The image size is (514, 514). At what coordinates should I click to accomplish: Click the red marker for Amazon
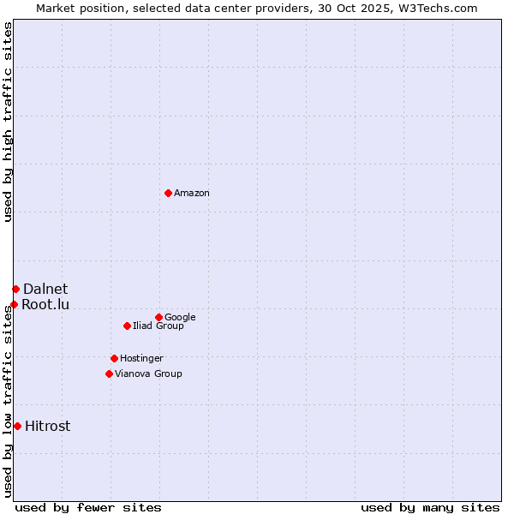(x=168, y=193)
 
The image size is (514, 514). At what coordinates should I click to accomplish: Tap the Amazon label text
(x=192, y=194)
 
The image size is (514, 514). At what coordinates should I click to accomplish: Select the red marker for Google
(x=158, y=317)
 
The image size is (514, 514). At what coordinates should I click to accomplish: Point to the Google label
(x=180, y=318)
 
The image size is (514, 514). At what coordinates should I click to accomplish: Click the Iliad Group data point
(x=127, y=326)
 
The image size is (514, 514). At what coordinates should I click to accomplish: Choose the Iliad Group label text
(x=158, y=326)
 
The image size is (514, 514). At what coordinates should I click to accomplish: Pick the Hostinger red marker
(x=114, y=358)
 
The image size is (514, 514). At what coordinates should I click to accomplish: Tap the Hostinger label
(x=141, y=359)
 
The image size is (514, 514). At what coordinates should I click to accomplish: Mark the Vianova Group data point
(x=109, y=374)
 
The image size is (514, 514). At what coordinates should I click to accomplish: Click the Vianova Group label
(x=148, y=374)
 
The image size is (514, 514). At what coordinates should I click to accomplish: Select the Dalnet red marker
(x=15, y=289)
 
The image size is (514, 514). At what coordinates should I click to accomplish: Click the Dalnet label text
(x=45, y=290)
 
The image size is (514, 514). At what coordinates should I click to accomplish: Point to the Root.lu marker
(x=14, y=304)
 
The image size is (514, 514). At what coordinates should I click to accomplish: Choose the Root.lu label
(x=45, y=305)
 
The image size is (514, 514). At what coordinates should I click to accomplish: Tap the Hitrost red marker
(x=17, y=426)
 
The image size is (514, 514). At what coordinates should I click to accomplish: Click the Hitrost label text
(x=48, y=427)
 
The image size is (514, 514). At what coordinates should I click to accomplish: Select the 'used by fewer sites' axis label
(x=88, y=508)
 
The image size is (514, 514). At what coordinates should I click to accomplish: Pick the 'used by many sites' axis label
(x=430, y=508)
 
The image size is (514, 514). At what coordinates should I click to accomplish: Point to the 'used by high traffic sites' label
(x=9, y=122)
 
